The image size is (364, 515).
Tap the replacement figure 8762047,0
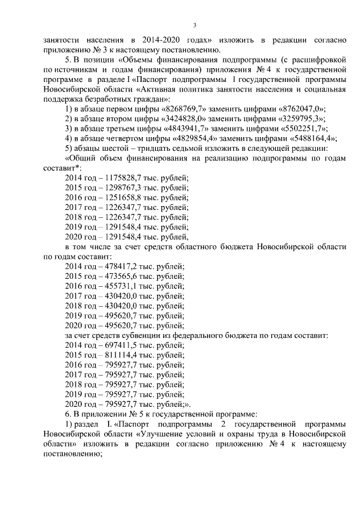[297, 109]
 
